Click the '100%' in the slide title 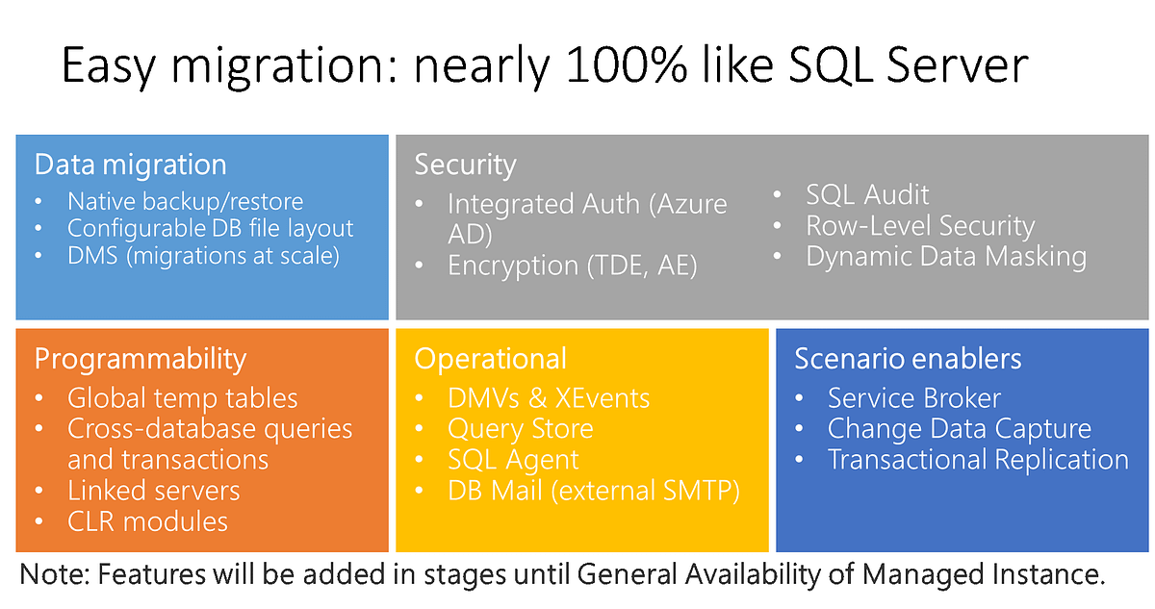(627, 64)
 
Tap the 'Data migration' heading (131, 165)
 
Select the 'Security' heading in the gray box (465, 165)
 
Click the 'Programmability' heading (141, 359)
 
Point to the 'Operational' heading (490, 359)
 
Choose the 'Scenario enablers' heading (908, 359)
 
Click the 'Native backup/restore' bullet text (185, 201)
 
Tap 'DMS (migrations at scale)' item (203, 256)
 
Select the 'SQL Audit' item (867, 194)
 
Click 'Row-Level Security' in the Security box (920, 226)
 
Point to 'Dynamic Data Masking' (946, 257)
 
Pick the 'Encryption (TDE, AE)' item (573, 266)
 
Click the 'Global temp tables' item (183, 397)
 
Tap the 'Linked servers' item (154, 491)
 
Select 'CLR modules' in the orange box (147, 521)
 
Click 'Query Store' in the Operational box (521, 429)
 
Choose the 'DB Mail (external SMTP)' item (594, 491)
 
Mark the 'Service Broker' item (914, 397)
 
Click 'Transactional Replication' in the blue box (978, 460)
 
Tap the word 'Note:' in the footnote (55, 574)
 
